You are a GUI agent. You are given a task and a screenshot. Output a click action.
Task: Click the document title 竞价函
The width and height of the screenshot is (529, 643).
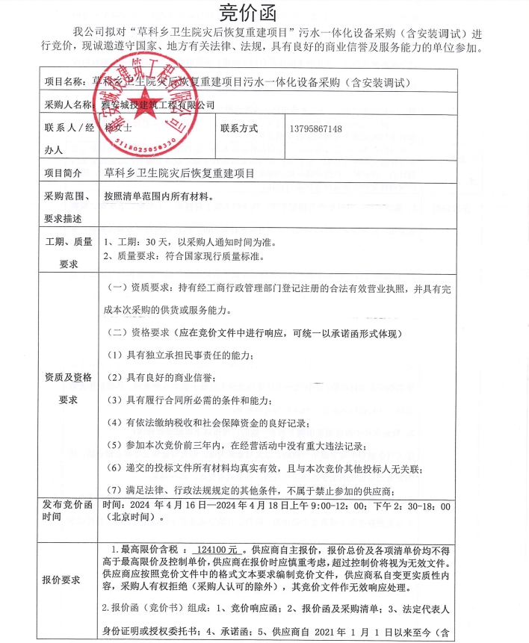tap(247, 13)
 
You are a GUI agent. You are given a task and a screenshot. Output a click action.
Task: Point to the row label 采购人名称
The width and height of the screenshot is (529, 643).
tap(69, 105)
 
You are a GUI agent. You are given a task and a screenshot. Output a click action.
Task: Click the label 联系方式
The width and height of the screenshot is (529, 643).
tap(239, 128)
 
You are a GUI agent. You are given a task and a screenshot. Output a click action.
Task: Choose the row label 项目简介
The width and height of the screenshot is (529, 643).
tap(63, 173)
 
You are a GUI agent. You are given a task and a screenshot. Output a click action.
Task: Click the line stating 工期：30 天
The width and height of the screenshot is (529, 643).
tap(181, 242)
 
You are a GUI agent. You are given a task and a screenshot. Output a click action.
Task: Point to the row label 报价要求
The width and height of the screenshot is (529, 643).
tap(62, 580)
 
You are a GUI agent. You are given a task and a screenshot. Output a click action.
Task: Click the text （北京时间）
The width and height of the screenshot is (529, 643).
tap(132, 518)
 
